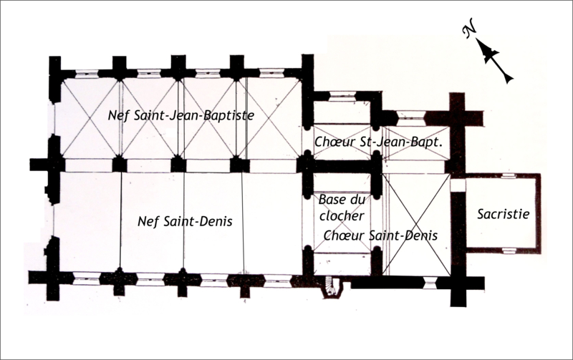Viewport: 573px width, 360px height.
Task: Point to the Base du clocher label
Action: point(342,207)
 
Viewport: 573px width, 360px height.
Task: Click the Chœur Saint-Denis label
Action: point(380,235)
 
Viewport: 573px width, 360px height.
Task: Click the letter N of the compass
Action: point(470,32)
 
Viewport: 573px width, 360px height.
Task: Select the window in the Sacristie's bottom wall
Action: point(508,250)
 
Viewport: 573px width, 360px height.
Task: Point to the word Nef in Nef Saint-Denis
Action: point(146,221)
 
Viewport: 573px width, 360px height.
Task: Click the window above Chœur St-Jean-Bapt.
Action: point(410,115)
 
